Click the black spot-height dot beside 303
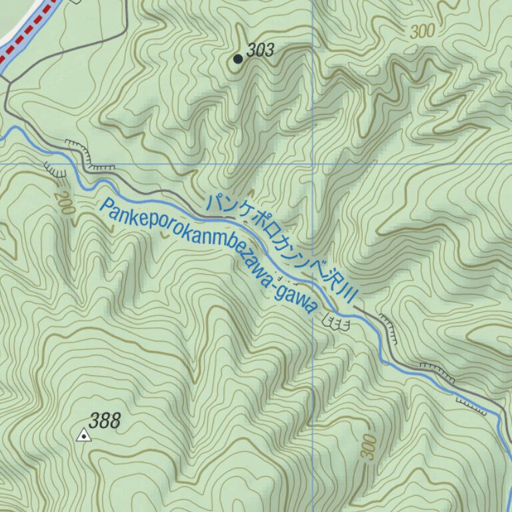click(238, 59)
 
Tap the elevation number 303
click(261, 50)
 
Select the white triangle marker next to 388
click(84, 436)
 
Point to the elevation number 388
click(105, 421)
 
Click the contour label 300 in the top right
click(423, 31)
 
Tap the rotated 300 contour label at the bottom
click(369, 447)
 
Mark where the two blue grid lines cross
click(313, 163)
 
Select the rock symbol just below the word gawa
click(335, 323)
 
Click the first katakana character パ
click(215, 202)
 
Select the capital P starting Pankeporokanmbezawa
click(105, 208)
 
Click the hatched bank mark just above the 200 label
click(55, 170)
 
